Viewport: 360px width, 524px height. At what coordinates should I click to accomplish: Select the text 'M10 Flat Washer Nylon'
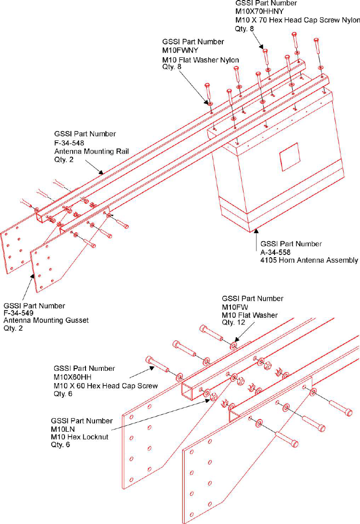200,60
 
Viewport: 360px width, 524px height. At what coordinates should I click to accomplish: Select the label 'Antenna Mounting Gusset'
46,321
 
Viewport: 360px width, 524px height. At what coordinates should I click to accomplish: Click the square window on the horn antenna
289,156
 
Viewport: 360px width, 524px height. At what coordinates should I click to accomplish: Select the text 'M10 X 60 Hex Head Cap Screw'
105,386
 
